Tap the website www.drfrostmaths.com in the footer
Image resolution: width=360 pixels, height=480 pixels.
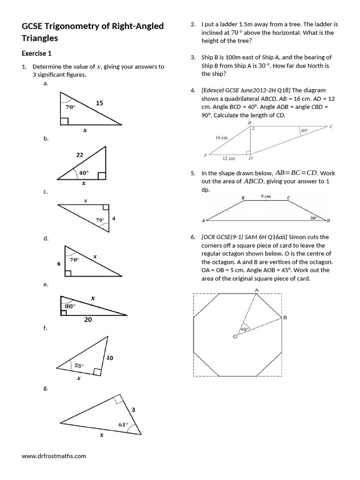point(54,455)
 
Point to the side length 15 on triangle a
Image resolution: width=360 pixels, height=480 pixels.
point(99,103)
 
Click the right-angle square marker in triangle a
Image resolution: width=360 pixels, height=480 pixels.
point(64,122)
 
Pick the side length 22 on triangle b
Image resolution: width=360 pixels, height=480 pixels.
point(79,154)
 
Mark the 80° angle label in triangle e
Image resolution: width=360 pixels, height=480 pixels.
point(70,305)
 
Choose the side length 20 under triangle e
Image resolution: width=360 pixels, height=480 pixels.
point(88,320)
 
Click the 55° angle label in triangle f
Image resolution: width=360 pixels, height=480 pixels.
point(79,364)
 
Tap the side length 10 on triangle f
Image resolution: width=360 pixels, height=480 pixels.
point(110,358)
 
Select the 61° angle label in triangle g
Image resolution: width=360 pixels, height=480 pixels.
point(123,425)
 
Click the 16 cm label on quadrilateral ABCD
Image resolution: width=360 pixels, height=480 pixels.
point(221,138)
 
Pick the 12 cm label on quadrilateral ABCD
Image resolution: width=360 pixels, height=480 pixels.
point(228,158)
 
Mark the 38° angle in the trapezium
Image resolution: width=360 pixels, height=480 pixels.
point(314,218)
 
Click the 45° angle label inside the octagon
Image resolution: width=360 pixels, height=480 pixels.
point(244,330)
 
